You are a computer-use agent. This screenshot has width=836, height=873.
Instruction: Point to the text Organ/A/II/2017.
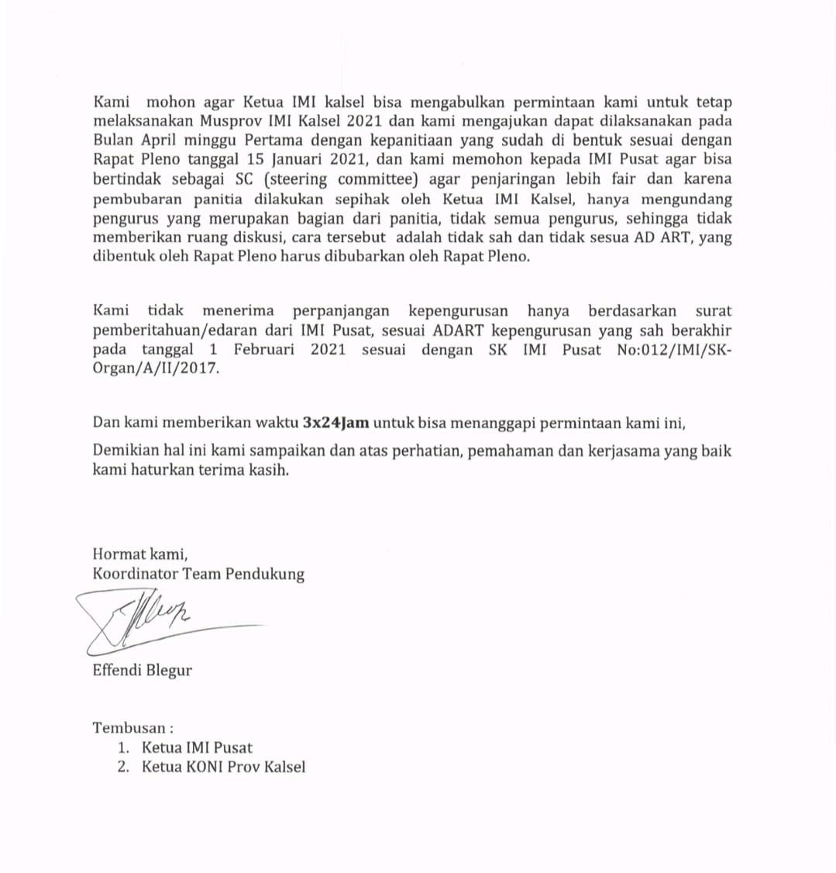click(x=156, y=369)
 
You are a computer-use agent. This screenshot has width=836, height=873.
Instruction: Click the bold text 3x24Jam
click(x=335, y=423)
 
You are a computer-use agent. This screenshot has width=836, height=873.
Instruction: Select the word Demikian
click(x=124, y=450)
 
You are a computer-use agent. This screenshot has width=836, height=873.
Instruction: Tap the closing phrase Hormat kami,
click(x=140, y=554)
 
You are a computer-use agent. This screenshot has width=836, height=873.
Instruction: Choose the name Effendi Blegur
click(x=142, y=670)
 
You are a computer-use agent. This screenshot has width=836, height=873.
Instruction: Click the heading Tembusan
click(x=129, y=728)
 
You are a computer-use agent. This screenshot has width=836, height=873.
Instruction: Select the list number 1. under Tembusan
click(x=122, y=747)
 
